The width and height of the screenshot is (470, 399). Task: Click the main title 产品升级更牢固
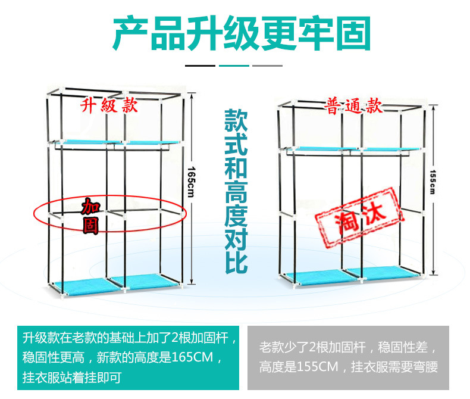click(242, 33)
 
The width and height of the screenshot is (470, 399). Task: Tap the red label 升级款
click(109, 105)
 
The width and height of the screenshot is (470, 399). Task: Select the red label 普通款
click(354, 105)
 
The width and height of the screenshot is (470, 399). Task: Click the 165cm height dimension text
click(191, 182)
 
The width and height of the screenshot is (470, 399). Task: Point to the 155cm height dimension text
click(433, 182)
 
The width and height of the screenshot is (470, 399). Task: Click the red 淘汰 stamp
click(360, 217)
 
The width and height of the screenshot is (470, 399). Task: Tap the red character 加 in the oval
click(91, 206)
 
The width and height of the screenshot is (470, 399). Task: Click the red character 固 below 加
click(90, 226)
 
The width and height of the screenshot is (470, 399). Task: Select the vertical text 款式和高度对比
click(236, 191)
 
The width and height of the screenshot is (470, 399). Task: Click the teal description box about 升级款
click(129, 357)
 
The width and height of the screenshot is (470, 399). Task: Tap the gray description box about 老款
click(348, 357)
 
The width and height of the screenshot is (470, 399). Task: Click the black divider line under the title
click(200, 66)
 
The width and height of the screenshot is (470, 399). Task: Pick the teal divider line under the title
click(234, 66)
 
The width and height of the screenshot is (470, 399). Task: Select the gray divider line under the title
click(267, 66)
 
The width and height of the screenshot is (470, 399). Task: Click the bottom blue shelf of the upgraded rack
click(117, 283)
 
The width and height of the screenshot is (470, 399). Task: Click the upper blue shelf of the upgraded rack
click(120, 142)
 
